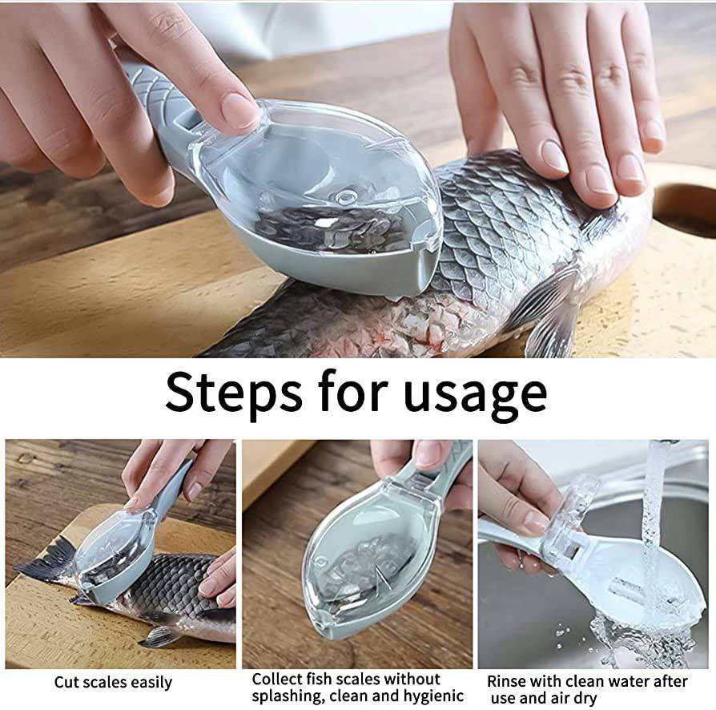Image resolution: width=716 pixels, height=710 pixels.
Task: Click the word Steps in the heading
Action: point(233,392)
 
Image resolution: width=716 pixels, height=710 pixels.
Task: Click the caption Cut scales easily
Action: point(113,683)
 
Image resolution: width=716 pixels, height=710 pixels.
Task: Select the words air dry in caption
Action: point(574,699)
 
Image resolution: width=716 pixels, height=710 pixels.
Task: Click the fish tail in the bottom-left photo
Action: point(46,562)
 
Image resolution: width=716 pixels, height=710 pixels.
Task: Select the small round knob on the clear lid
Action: point(345,197)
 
